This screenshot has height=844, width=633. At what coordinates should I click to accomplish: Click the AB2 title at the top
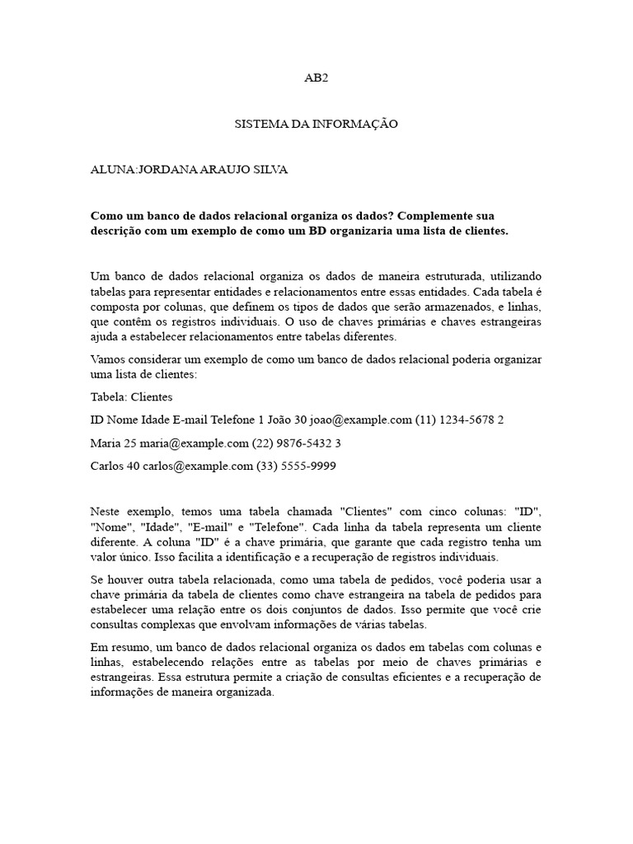(316, 78)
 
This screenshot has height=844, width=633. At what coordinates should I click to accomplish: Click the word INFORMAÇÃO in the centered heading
(360, 124)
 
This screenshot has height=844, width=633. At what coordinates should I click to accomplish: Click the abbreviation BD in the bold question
(319, 232)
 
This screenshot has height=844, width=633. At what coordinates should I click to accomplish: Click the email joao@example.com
(361, 420)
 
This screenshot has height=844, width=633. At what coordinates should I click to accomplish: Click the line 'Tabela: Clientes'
(131, 396)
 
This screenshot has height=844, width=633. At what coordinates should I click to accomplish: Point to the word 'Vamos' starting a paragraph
(106, 360)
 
